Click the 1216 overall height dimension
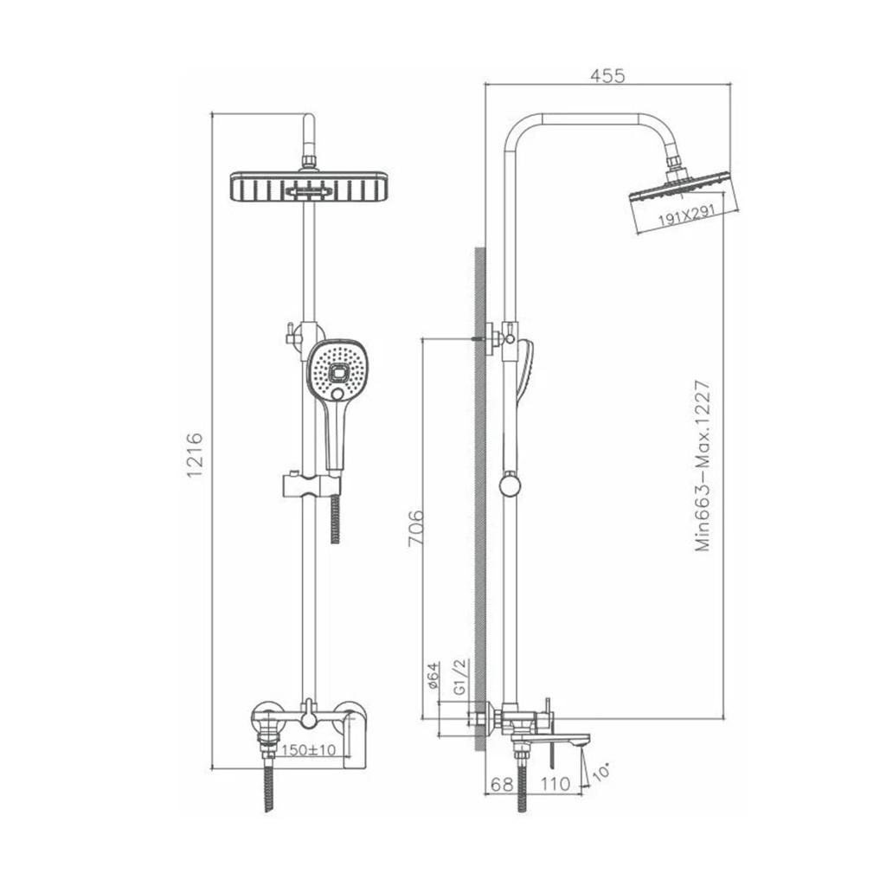(x=195, y=455)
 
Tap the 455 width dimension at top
(x=607, y=75)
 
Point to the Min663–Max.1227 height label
(x=703, y=466)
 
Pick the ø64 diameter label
(x=433, y=675)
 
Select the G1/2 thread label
(x=461, y=676)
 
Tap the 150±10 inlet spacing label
(x=309, y=750)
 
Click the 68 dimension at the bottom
(x=502, y=784)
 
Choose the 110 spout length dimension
(x=555, y=784)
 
